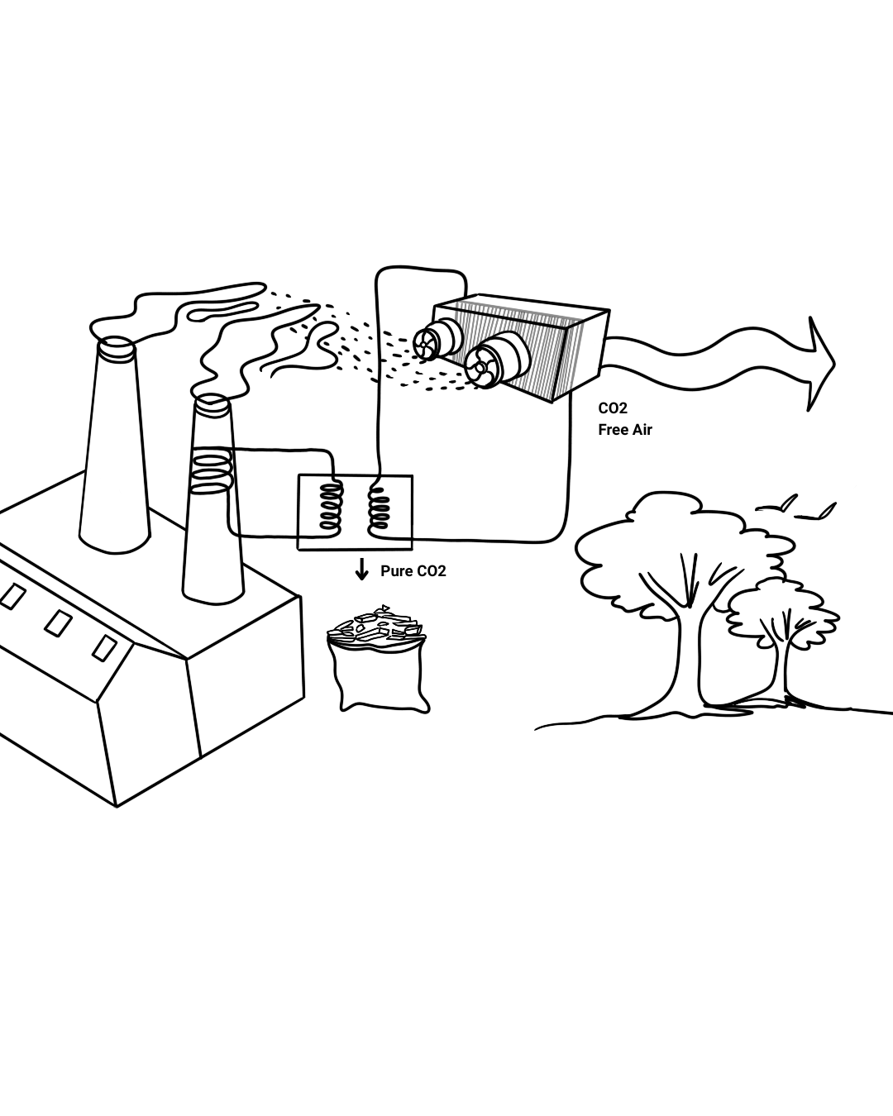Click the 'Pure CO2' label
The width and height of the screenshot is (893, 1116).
413,571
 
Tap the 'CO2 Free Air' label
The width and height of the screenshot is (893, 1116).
624,419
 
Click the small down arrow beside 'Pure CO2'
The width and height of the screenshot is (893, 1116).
361,570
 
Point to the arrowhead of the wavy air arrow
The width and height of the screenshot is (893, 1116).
820,363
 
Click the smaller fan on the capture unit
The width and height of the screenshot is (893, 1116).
428,344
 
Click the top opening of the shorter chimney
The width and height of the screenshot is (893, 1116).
212,404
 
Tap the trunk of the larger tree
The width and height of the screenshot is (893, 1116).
687,661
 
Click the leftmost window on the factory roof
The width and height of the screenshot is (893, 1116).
12,596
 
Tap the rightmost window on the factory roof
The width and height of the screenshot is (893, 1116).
104,647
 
